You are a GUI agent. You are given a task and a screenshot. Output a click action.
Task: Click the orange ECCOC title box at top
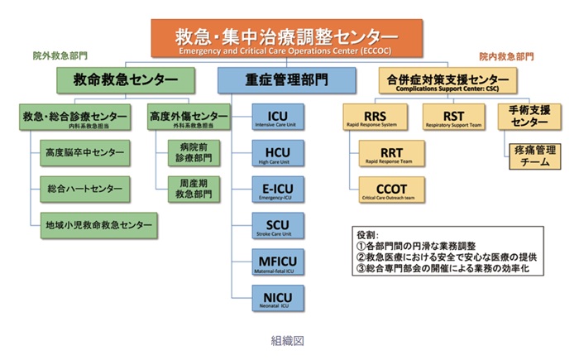pyautogui.click(x=285, y=39)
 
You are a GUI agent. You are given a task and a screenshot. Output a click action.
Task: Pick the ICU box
pyautogui.click(x=277, y=117)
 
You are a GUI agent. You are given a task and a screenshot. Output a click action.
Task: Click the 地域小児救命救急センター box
pyautogui.click(x=98, y=224)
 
